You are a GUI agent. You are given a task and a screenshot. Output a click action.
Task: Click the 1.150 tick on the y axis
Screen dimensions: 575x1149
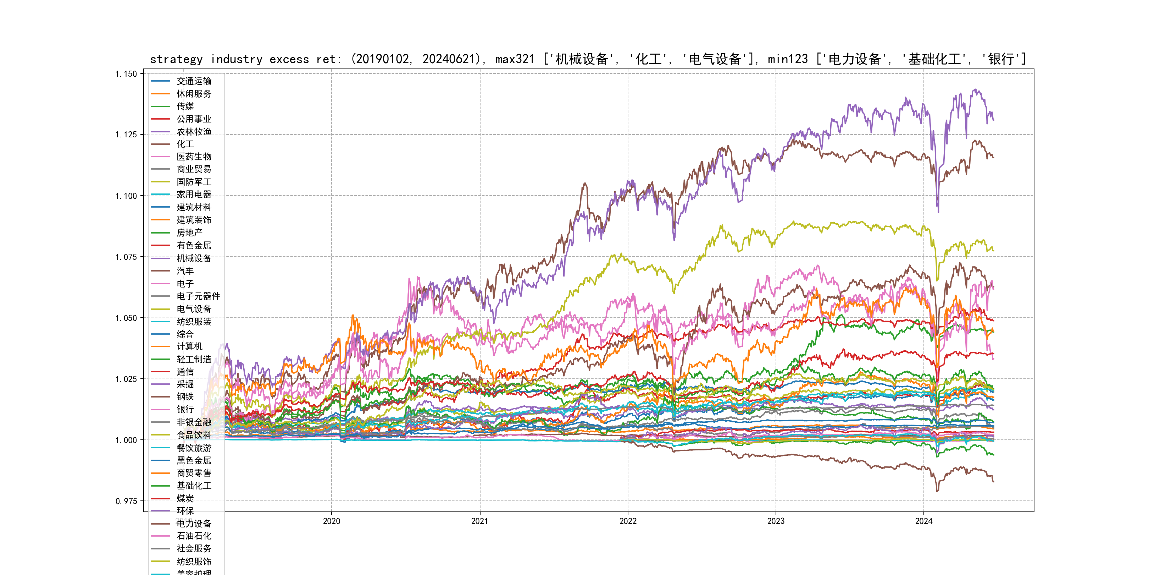(126, 74)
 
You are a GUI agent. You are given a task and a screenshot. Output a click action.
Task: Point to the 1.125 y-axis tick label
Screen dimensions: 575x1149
(126, 135)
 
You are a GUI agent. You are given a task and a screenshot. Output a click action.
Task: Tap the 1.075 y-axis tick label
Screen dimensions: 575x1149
(126, 257)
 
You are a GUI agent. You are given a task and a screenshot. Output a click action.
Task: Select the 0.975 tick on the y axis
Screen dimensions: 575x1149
(126, 501)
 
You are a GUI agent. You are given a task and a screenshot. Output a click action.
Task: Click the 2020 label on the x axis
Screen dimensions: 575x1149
(332, 521)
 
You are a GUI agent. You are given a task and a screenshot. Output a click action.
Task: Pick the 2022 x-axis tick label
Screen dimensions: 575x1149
(628, 521)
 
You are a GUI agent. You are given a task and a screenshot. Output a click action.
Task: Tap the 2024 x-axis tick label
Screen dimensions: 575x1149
(924, 521)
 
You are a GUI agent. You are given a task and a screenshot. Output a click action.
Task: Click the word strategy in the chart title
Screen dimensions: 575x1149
(176, 59)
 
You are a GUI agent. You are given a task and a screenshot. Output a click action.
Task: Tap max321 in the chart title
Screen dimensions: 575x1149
(514, 59)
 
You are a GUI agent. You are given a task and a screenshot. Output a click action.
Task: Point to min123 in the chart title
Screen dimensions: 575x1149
(788, 59)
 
